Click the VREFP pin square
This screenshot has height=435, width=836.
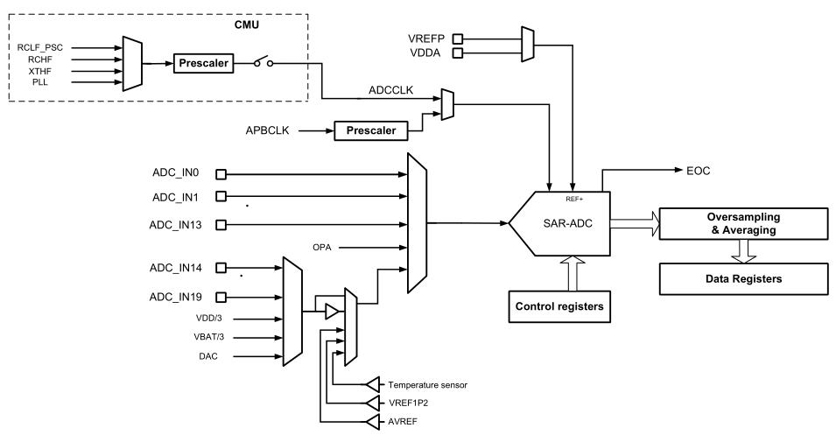coord(456,39)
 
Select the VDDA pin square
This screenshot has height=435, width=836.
coord(456,53)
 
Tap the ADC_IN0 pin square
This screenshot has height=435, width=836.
coord(221,173)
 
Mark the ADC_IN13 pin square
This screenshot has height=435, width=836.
coord(221,225)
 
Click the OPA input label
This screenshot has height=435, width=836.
coord(320,248)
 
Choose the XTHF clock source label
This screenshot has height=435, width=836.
coord(41,70)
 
